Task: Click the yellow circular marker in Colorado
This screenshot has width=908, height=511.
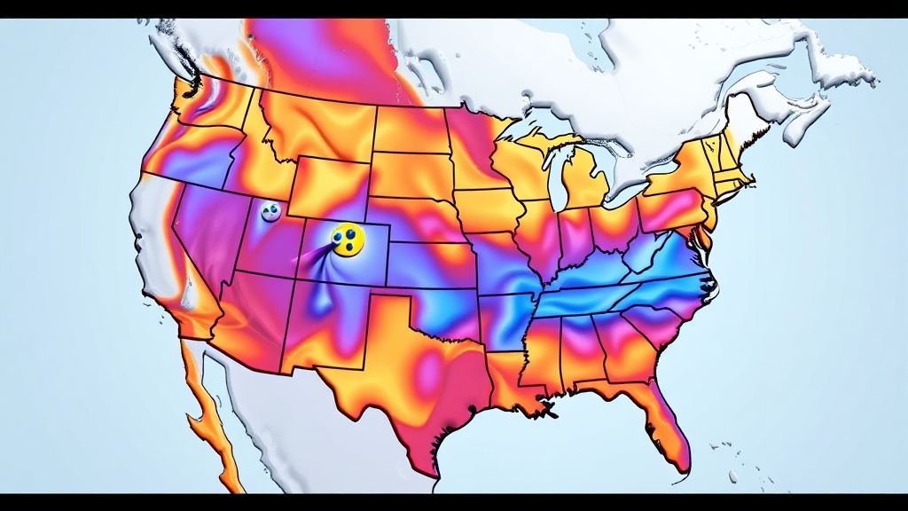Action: (347, 239)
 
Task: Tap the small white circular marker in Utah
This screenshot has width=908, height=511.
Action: (270, 211)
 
